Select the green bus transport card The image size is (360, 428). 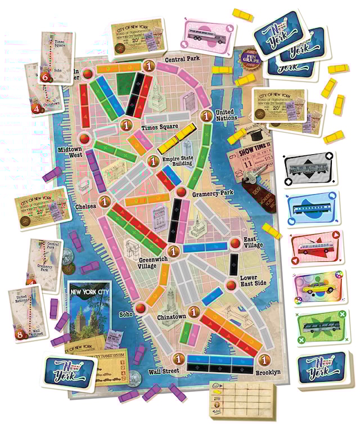coord(318,326)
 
